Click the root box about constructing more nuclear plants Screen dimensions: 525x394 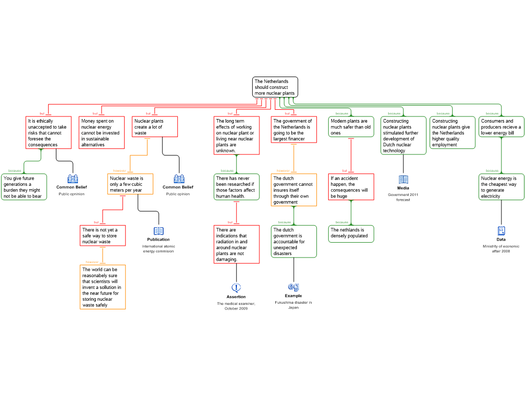[275, 87]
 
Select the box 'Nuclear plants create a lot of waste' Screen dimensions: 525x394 [155, 127]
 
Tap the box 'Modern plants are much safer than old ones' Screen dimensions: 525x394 [351, 127]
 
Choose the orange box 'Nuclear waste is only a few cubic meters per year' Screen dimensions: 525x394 [130, 184]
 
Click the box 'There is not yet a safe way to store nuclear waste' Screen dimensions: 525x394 [103, 235]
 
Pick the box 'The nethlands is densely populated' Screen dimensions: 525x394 [351, 233]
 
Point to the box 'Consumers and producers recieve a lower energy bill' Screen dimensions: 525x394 [501, 127]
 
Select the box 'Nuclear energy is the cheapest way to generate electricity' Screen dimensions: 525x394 [501, 187]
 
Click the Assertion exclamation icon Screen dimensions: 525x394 [236, 287]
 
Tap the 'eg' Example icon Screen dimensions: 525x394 [293, 287]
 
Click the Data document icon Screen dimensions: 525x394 [501, 230]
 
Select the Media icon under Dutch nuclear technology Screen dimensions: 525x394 [403, 179]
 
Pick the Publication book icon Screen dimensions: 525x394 [158, 231]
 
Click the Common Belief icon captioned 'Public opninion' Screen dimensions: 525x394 [73, 179]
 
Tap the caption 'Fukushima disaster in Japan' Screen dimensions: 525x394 [293, 305]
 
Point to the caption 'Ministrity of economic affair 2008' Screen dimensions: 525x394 [501, 249]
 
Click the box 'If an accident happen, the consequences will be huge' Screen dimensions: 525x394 [351, 187]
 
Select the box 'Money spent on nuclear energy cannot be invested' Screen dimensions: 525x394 [102, 133]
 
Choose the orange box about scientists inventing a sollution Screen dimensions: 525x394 [103, 287]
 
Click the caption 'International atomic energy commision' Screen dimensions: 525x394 [158, 249]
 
